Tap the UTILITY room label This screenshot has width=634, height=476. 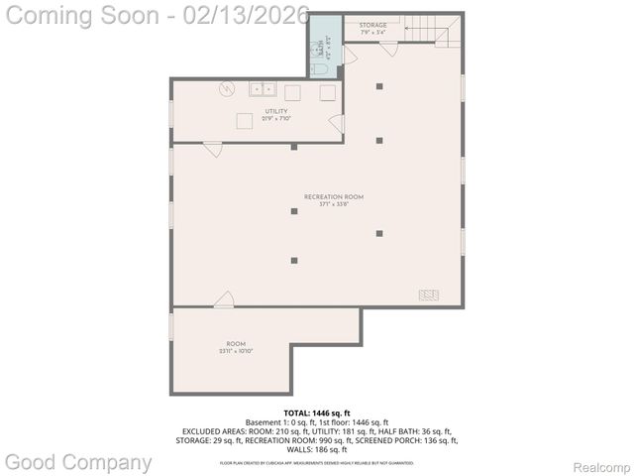275,112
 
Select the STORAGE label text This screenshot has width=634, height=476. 372,24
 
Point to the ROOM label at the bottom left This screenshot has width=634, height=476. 236,344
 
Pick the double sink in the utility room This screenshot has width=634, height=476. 263,89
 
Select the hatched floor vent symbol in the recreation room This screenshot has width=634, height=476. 429,295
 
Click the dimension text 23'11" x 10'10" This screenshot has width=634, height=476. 236,351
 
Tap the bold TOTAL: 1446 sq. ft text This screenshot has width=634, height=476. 317,412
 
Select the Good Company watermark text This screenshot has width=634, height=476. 78,461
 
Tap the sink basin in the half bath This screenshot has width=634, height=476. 321,46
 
